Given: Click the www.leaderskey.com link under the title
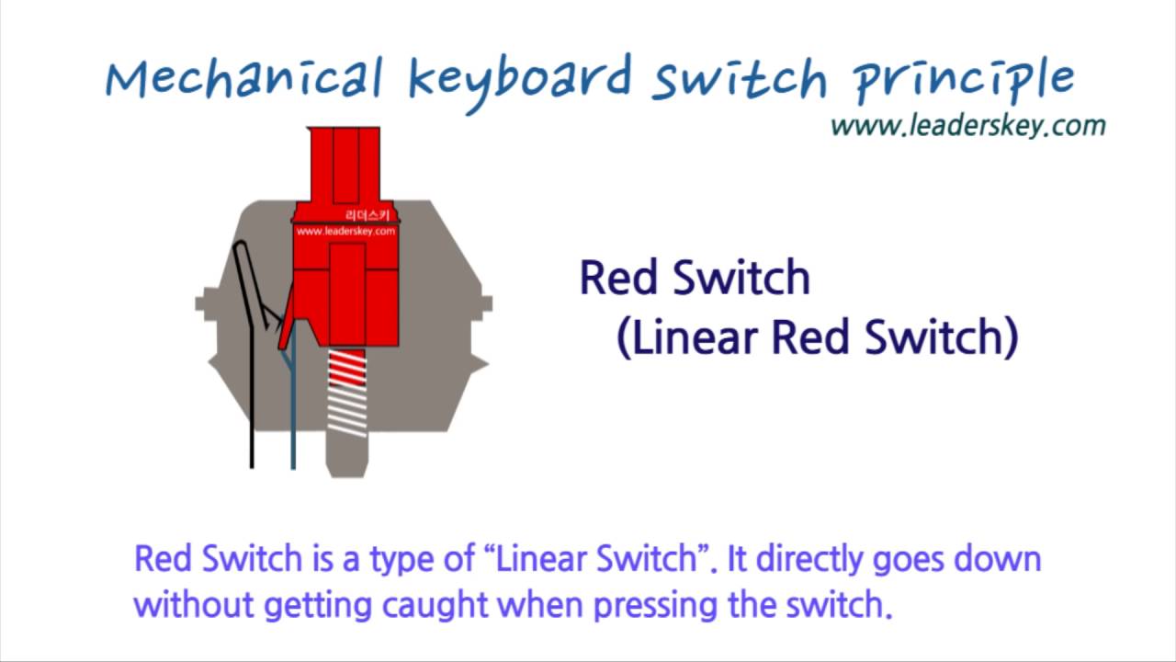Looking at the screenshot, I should [967, 125].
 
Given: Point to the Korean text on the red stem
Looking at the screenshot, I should [371, 215].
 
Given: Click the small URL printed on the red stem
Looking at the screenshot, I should [345, 232].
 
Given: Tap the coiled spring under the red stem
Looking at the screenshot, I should [347, 392].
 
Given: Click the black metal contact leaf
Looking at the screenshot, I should [250, 368].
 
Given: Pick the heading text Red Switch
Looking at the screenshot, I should [695, 278].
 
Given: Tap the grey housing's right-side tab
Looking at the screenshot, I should [483, 304].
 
